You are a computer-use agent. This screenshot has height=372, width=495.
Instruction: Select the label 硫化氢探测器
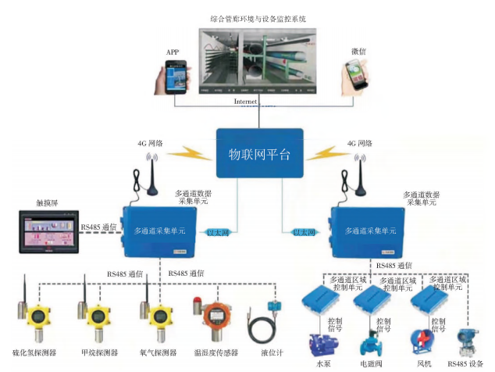35,352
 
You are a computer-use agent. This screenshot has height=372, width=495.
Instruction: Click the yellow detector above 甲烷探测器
97,318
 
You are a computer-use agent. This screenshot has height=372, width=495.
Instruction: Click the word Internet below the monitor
246,102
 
